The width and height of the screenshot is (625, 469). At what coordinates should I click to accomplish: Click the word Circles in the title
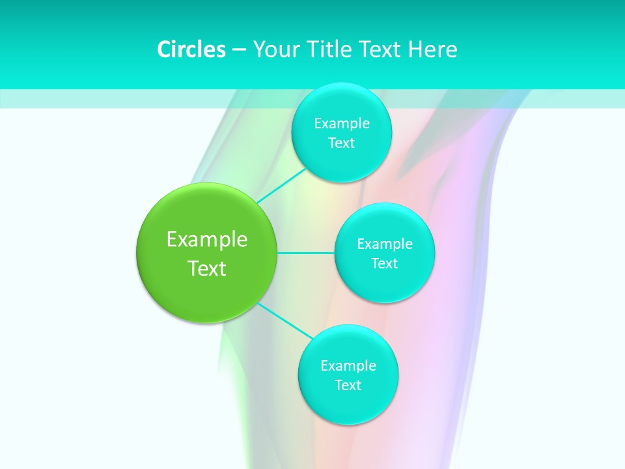(191, 50)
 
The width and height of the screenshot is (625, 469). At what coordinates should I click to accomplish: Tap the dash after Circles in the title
(239, 50)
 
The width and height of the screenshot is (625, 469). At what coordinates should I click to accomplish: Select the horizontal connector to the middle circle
(305, 253)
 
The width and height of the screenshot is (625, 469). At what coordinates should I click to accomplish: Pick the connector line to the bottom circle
(285, 320)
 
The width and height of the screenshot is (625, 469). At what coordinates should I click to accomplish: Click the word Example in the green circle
(207, 240)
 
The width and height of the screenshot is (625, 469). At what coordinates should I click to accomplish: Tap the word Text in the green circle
(207, 268)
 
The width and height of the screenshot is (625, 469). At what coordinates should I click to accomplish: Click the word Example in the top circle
(341, 124)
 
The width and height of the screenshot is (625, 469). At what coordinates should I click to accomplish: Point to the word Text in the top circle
(341, 143)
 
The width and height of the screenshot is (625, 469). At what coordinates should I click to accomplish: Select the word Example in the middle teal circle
(384, 244)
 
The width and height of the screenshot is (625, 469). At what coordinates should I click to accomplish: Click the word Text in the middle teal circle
(384, 264)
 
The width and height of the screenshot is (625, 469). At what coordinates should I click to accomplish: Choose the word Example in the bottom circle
(348, 366)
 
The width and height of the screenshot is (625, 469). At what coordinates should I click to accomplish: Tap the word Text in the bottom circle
(348, 386)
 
